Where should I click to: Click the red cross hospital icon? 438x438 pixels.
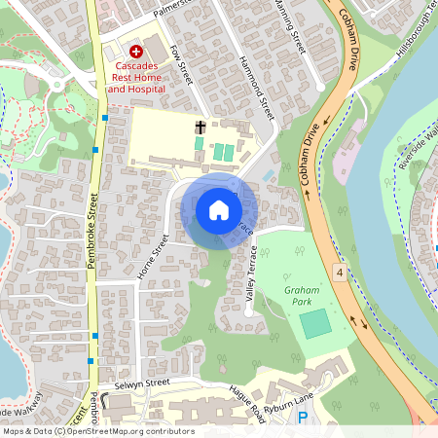[x=136, y=50]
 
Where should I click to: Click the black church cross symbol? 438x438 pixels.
[x=201, y=127]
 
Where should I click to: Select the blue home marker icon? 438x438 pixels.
[x=219, y=210]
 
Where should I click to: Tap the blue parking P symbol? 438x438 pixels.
[x=302, y=418]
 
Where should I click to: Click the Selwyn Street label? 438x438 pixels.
[x=142, y=383]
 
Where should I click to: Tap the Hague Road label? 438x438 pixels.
[x=247, y=401]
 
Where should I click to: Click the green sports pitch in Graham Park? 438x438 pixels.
[x=313, y=323]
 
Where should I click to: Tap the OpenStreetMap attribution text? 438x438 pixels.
[x=97, y=431]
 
